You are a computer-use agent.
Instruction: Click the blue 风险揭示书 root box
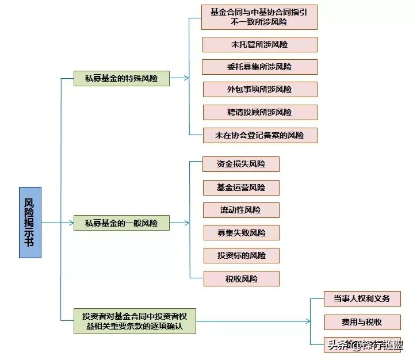click(30, 222)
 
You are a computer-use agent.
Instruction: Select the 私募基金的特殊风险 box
click(122, 78)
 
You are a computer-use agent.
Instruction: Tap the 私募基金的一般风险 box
click(122, 223)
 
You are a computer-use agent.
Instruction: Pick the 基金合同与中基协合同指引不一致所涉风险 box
click(259, 17)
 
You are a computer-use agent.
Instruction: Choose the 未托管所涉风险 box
click(259, 44)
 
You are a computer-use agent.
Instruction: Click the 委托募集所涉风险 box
click(259, 67)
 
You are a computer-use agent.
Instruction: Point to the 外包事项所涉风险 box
click(259, 89)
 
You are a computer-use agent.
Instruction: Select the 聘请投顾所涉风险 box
click(259, 112)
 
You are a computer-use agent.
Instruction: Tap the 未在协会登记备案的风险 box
click(259, 135)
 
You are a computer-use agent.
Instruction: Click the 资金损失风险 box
click(242, 164)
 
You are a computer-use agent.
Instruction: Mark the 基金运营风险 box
click(242, 187)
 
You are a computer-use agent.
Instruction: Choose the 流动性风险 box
click(242, 210)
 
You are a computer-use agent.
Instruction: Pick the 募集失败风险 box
click(242, 233)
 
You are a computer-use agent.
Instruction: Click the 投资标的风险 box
click(242, 255)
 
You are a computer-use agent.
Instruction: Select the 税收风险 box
click(242, 279)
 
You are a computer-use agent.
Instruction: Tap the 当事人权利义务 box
click(362, 298)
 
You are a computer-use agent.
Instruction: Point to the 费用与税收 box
click(362, 322)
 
